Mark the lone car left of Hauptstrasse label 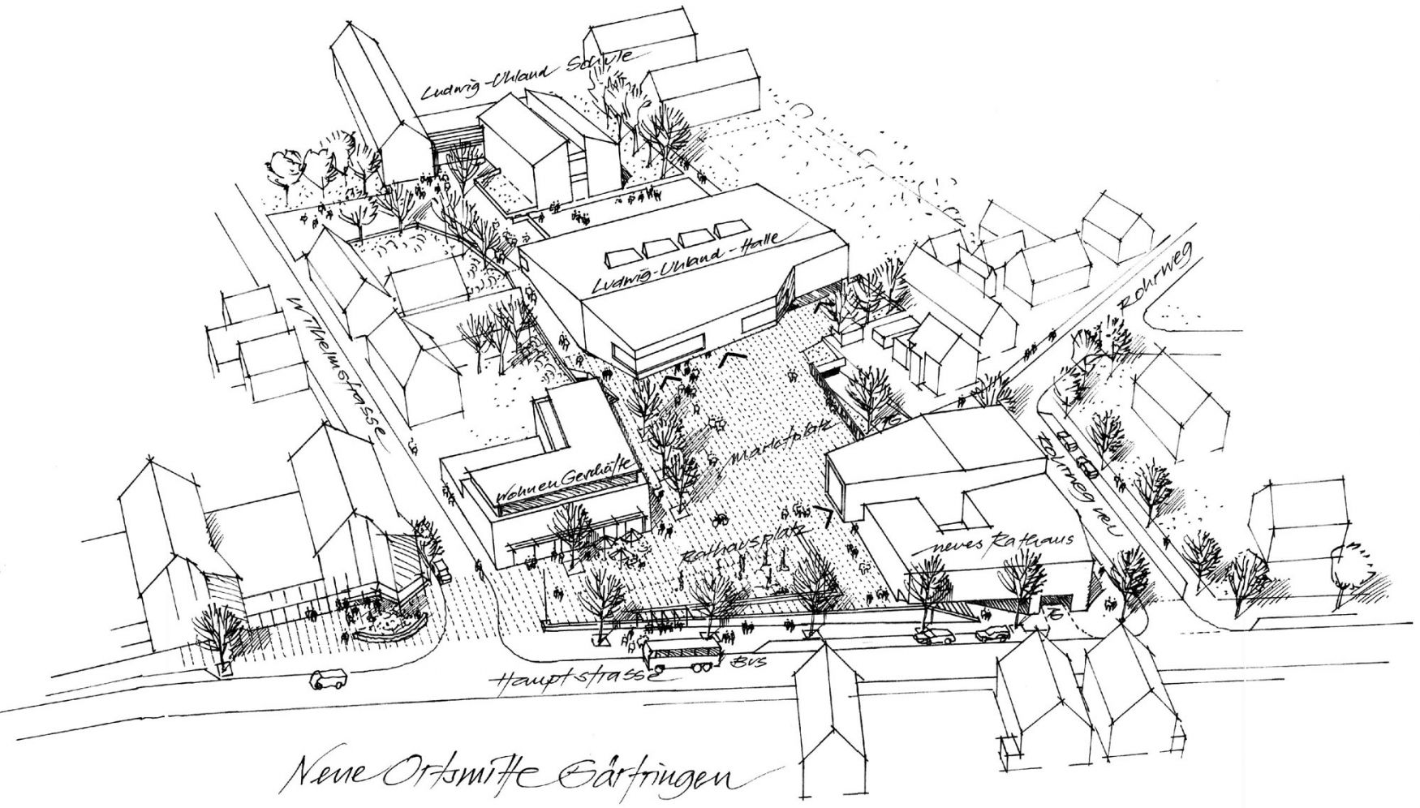(x=328, y=679)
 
